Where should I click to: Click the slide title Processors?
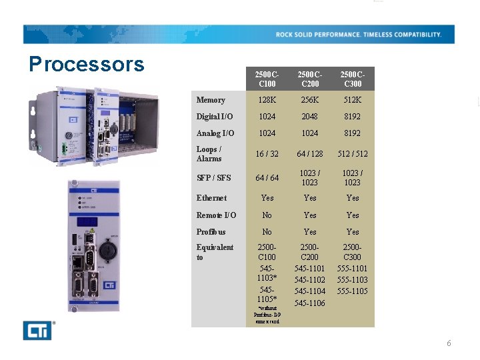87,64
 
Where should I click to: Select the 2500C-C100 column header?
267,79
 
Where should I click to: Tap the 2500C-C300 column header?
353,79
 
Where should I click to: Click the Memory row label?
211,100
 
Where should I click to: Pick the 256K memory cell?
310,100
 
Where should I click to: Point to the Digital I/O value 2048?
310,117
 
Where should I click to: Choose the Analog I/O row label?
215,133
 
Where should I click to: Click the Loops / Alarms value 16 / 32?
267,154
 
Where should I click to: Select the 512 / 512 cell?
353,154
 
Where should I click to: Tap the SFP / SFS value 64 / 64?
267,178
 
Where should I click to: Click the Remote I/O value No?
267,215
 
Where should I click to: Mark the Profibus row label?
211,232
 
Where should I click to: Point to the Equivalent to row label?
215,252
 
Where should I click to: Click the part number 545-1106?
310,303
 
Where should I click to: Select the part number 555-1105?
353,291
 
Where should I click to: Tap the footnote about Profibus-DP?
267,315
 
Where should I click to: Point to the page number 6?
449,343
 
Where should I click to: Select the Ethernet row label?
211,198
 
